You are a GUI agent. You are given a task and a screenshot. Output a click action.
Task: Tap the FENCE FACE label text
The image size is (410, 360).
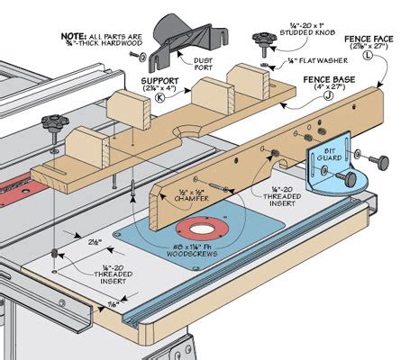pos(366,39)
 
